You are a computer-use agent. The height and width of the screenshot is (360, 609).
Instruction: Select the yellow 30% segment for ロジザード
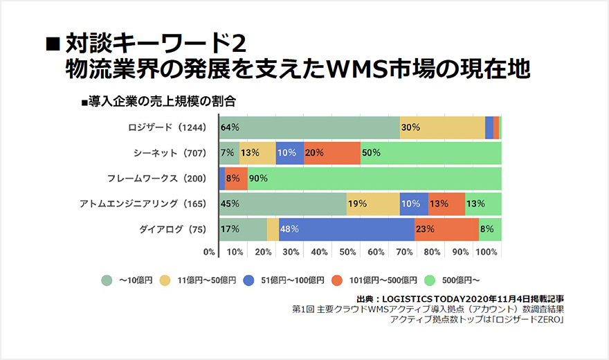(442, 127)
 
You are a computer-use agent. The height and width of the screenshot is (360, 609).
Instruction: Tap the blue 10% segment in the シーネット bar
(290, 153)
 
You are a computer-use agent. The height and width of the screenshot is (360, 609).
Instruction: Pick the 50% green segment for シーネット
(431, 153)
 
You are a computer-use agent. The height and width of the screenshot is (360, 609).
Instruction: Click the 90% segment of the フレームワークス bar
(374, 179)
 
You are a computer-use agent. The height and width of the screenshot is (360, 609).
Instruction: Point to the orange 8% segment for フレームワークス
(237, 179)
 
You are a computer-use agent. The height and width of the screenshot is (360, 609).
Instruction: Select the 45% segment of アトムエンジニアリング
(282, 204)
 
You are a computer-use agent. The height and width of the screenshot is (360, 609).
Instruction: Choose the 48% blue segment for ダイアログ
(347, 229)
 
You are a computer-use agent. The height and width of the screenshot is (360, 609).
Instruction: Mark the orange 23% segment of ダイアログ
(447, 229)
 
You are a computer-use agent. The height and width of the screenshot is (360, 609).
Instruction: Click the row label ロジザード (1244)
(167, 127)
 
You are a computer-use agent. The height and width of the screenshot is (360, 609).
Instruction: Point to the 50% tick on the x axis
(347, 252)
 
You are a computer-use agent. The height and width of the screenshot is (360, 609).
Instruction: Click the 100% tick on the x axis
(487, 252)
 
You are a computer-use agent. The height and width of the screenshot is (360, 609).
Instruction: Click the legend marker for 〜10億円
(107, 280)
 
